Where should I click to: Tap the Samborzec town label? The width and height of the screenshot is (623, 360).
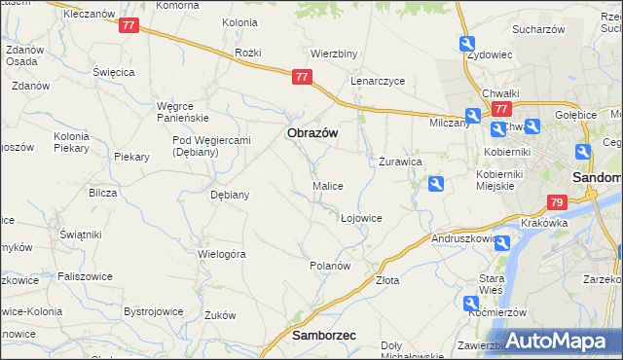(x=324, y=335)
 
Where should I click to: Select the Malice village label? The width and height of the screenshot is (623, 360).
(x=327, y=186)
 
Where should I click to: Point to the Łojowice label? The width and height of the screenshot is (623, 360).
(x=361, y=218)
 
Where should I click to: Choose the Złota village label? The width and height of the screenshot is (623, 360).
(x=387, y=280)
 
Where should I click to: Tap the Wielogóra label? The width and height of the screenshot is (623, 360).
(x=222, y=254)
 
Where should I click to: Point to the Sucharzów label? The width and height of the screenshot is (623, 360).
(x=539, y=30)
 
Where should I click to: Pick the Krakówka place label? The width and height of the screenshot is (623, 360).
(x=544, y=223)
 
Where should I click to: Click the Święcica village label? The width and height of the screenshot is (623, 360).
(x=112, y=72)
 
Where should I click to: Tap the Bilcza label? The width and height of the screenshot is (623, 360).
(x=102, y=193)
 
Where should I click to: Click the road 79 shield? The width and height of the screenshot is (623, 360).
(x=557, y=202)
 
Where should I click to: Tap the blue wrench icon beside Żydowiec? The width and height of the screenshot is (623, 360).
(x=468, y=45)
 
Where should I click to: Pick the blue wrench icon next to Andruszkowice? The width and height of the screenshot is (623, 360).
(x=501, y=242)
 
